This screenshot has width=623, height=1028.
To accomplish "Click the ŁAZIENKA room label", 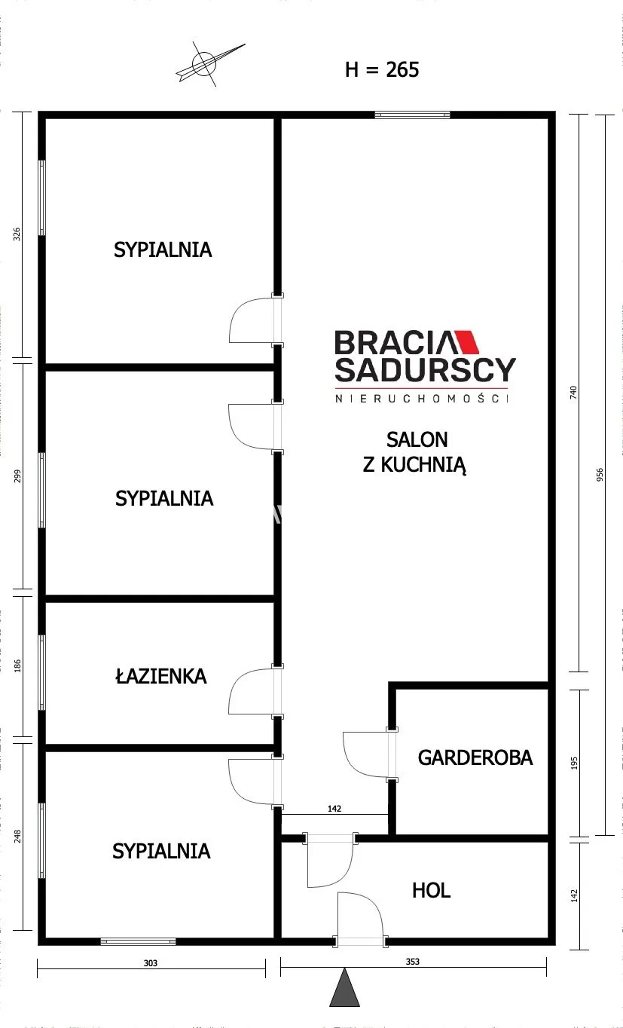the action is pyautogui.click(x=161, y=676).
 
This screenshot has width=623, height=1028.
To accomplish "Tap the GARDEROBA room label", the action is pyautogui.click(x=475, y=757).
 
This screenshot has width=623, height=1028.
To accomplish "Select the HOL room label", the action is pyautogui.click(x=431, y=890).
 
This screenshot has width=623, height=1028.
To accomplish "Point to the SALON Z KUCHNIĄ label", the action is pyautogui.click(x=415, y=452).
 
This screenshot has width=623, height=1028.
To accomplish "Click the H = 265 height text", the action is pyautogui.click(x=382, y=69).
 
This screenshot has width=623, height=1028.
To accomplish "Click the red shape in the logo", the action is pyautogui.click(x=466, y=342).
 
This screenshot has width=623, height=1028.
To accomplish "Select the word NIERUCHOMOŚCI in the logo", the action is pyautogui.click(x=422, y=399).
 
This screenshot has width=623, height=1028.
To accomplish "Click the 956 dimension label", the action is pyautogui.click(x=600, y=475).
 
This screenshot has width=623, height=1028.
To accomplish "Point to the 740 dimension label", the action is pyautogui.click(x=573, y=393).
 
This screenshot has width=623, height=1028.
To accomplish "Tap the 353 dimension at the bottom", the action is pyautogui.click(x=412, y=962).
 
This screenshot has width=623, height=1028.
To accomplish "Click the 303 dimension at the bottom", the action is pyautogui.click(x=151, y=963).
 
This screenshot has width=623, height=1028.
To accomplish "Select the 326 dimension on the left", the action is pyautogui.click(x=17, y=234).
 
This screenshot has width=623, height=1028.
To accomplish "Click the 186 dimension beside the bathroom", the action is pyautogui.click(x=17, y=666).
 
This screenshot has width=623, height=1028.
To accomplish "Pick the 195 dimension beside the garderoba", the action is pyautogui.click(x=574, y=763).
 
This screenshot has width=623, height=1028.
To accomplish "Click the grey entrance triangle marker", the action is pyautogui.click(x=344, y=989).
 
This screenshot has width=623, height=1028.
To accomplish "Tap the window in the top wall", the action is pyautogui.click(x=412, y=115).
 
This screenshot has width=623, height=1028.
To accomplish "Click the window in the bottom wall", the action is pyautogui.click(x=138, y=942).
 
